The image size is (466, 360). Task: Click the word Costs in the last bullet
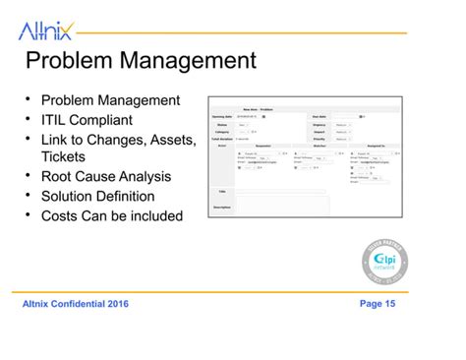tap(62, 215)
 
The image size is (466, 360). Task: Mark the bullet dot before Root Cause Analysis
tap(29, 177)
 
